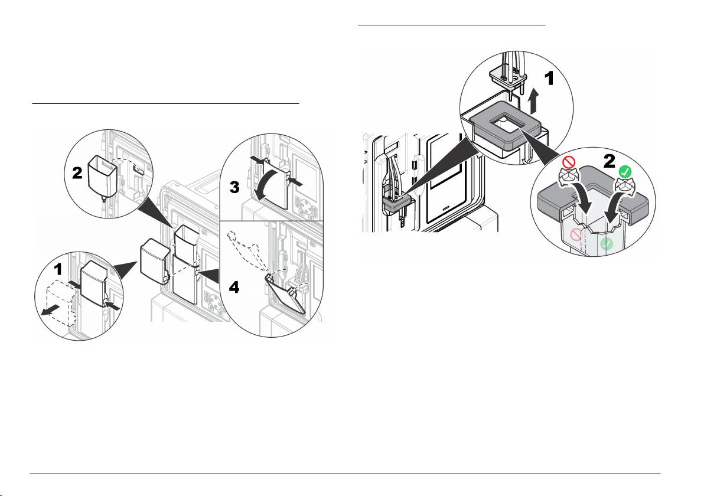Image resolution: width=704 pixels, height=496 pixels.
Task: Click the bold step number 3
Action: coord(234,187)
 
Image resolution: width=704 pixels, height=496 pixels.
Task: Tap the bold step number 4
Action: coord(234,287)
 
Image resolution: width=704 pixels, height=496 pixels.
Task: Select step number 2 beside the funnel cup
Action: coord(77,173)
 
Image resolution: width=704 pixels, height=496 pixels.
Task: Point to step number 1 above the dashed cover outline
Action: coord(58,269)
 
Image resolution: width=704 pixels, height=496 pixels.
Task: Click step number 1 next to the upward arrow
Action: coord(549,79)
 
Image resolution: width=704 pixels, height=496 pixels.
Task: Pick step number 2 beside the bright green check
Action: coord(610,161)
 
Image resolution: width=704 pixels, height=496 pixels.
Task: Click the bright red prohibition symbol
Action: coord(569,162)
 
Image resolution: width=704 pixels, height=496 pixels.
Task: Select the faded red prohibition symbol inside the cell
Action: coord(576,234)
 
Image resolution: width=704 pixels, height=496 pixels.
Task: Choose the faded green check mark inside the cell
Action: coord(607,244)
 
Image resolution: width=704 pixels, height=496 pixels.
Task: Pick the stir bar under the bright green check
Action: coord(624,185)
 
